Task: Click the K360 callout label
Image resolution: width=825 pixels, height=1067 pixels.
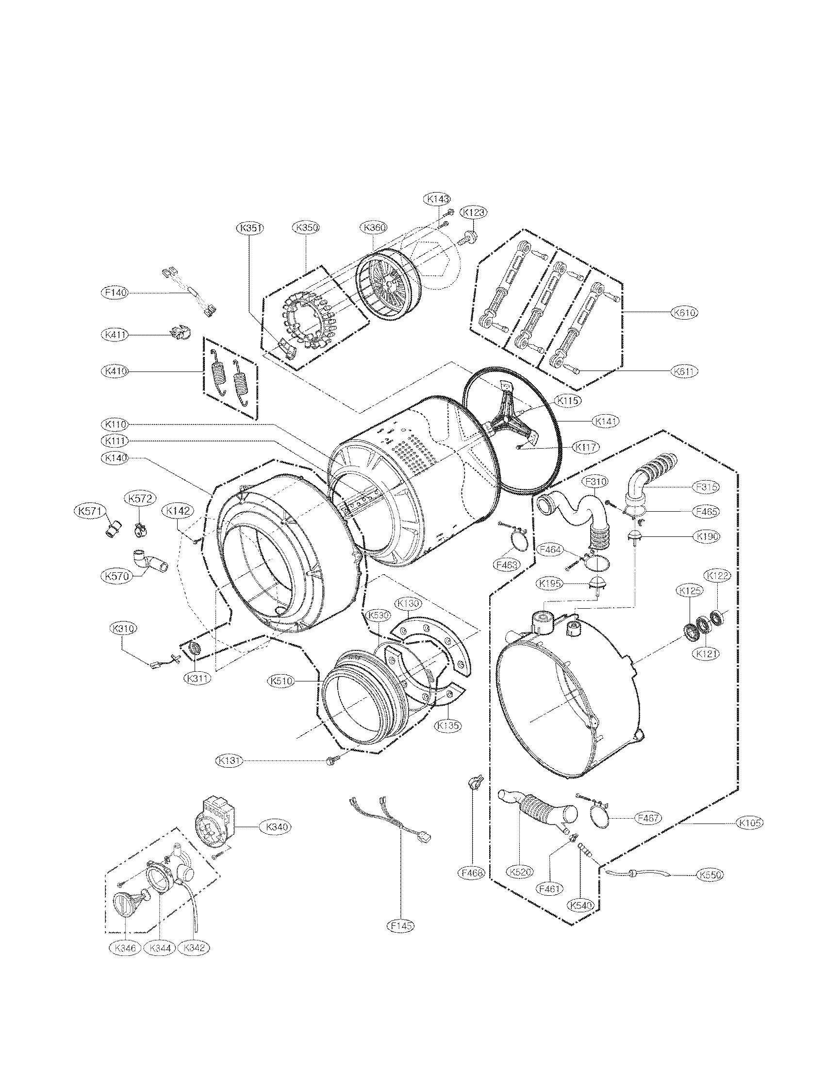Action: [x=374, y=227]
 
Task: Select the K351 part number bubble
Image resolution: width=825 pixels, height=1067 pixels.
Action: [x=250, y=227]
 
